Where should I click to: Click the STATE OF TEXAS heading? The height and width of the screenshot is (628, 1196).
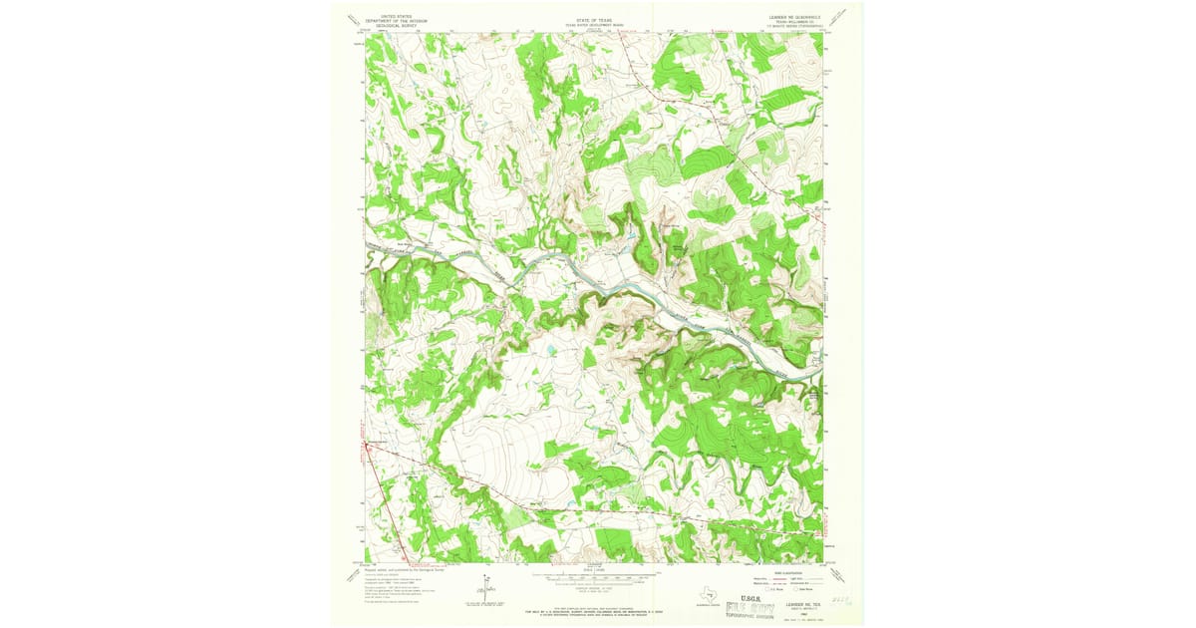point(591,19)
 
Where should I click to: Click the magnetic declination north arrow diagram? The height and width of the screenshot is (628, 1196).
point(484,590)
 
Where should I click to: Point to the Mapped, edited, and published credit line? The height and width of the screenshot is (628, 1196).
point(404,569)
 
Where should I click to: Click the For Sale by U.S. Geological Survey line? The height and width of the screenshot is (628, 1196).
point(591,610)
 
